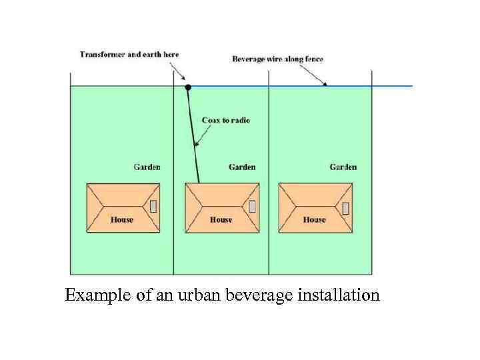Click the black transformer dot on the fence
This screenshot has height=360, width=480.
(x=188, y=87)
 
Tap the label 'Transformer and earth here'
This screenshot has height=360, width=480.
(x=129, y=54)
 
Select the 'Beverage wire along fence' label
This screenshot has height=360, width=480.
(x=277, y=59)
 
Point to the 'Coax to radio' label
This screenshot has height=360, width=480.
(x=226, y=120)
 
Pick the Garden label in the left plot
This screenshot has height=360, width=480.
(x=147, y=167)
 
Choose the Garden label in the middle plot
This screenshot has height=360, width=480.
(x=242, y=167)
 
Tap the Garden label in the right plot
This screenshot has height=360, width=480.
(x=343, y=167)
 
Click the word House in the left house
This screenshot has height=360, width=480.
(x=122, y=219)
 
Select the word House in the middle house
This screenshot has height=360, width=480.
(x=221, y=219)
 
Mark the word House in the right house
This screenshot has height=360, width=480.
(x=315, y=219)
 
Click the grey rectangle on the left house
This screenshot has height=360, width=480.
(x=153, y=206)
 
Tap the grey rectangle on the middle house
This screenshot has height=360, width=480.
(x=252, y=206)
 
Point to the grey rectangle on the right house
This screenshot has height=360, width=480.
(x=345, y=207)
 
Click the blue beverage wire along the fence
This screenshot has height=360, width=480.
(x=373, y=86)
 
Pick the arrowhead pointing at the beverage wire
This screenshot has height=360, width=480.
(x=325, y=84)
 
